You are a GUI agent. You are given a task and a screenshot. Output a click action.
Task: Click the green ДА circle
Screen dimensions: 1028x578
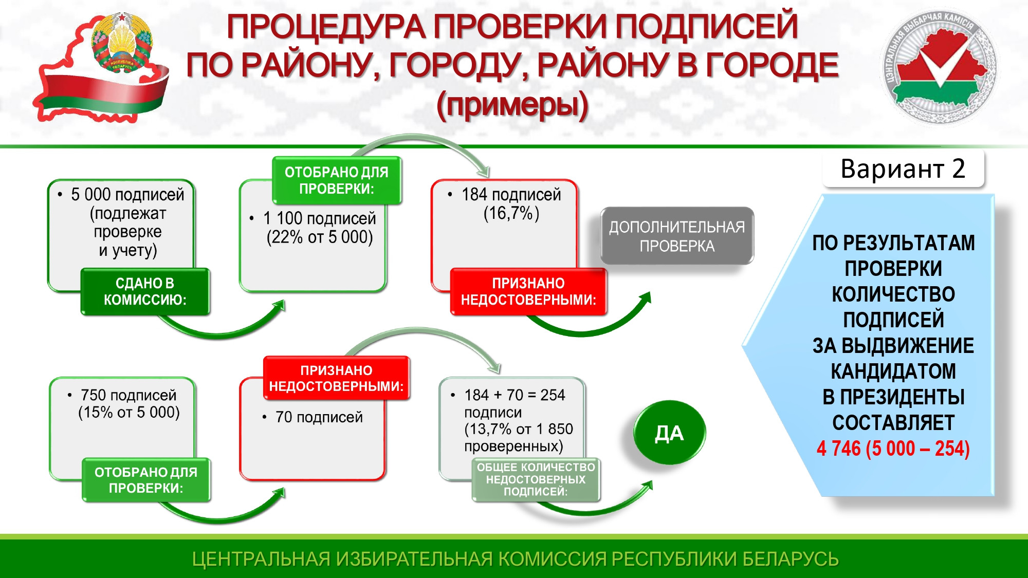tap(669, 433)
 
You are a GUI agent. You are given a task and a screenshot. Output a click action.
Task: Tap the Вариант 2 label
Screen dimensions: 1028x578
tap(903, 169)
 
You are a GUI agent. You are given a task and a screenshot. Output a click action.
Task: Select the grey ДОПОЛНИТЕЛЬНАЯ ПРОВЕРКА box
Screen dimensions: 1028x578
tap(677, 236)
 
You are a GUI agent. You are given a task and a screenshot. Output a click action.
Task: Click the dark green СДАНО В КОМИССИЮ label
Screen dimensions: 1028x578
tap(145, 291)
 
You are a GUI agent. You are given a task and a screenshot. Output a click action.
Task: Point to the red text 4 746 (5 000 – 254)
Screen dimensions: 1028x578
tap(893, 449)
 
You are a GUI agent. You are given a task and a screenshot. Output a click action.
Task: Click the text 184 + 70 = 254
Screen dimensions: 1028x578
tap(515, 395)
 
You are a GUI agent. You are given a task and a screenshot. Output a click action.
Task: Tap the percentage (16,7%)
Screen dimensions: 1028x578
tap(511, 213)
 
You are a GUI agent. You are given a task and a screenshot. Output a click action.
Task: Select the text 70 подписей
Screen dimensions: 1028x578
tap(319, 417)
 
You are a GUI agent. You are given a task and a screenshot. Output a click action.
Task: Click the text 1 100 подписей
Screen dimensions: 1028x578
tap(320, 218)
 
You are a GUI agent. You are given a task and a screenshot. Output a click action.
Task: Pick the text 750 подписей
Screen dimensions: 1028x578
tap(128, 395)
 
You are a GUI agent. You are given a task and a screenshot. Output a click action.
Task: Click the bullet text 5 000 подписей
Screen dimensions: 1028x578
tap(127, 195)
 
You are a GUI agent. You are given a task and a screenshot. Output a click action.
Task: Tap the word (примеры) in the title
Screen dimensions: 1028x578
tap(512, 105)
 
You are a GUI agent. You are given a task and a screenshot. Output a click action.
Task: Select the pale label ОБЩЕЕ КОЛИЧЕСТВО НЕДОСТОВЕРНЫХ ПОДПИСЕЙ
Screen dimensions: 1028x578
tap(536, 479)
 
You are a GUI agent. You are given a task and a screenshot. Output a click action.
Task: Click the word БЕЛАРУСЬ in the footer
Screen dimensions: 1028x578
tap(791, 559)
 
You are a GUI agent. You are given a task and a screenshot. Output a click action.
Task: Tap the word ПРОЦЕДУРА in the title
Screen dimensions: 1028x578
tap(326, 26)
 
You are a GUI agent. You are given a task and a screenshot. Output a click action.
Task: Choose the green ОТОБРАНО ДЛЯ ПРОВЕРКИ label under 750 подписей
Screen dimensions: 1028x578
tap(146, 480)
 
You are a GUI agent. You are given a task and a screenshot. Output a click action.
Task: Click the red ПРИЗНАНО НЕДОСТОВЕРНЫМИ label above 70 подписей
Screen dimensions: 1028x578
tap(336, 378)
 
